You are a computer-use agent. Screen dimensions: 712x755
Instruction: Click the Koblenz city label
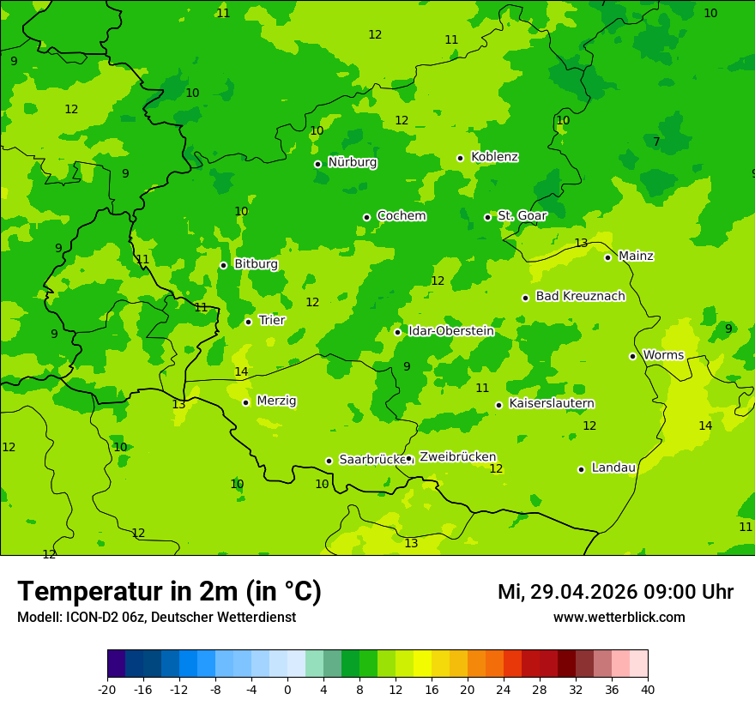(494, 157)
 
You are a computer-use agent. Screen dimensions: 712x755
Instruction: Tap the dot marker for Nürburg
(317, 164)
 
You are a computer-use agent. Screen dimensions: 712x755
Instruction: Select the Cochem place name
(401, 216)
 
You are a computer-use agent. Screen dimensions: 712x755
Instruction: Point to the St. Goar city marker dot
(487, 217)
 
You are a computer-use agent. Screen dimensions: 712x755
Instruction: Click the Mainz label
(636, 256)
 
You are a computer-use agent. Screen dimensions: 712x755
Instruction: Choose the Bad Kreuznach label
(580, 296)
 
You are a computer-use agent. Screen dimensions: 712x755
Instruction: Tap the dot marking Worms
(632, 356)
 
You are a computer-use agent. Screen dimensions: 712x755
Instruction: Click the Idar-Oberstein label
(450, 331)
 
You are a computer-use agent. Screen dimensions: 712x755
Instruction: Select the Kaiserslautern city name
(551, 403)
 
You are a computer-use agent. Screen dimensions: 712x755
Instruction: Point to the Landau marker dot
(581, 469)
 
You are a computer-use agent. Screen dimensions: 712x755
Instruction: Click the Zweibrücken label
(457, 457)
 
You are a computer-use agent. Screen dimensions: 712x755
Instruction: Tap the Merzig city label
(276, 401)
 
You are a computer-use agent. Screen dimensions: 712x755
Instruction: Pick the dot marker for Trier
(248, 322)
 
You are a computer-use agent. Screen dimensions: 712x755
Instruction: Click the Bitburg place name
(256, 264)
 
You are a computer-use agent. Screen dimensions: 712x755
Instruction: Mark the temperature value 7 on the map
(656, 142)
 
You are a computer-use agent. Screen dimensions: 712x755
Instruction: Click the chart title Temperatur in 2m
(169, 592)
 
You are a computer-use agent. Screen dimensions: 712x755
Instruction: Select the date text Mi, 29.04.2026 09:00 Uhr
(615, 592)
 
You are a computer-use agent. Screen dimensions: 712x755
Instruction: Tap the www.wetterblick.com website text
(619, 618)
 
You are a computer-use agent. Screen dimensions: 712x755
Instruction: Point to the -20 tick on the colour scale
(107, 690)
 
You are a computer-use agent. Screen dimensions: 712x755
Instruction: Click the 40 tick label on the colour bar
(648, 690)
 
